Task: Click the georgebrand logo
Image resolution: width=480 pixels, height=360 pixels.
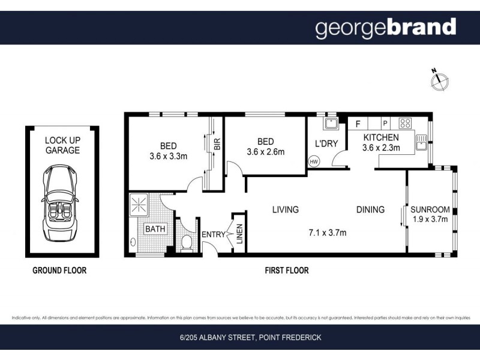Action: [x=386, y=28]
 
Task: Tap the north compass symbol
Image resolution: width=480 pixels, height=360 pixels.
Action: [x=439, y=81]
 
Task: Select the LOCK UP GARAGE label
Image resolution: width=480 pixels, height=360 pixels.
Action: [x=62, y=145]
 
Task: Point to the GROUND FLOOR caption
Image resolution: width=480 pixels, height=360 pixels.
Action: [x=59, y=271]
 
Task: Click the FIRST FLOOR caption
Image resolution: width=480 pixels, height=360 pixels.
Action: [x=287, y=271]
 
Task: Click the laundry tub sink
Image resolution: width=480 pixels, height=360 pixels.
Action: [x=329, y=124]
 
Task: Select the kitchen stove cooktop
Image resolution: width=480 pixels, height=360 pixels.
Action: [x=405, y=124]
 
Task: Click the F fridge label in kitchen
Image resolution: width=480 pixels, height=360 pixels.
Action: [x=358, y=124]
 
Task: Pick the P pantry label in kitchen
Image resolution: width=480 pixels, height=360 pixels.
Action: [x=385, y=124]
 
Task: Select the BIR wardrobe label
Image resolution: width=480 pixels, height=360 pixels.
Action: [x=217, y=145]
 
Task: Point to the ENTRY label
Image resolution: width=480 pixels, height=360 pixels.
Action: [x=213, y=234]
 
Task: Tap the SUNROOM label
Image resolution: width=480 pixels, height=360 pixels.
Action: [x=430, y=209]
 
